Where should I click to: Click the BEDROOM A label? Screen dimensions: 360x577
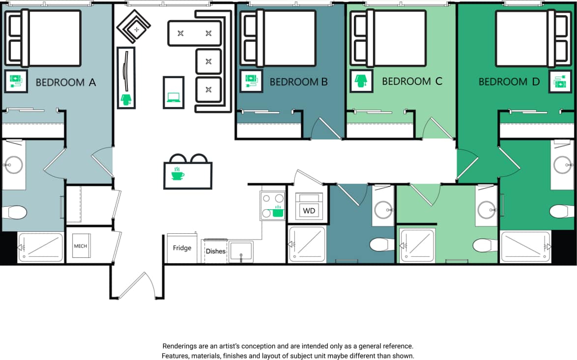[66, 83]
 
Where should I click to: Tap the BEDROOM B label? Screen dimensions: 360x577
[298, 82]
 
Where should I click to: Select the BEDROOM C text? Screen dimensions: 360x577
[412, 81]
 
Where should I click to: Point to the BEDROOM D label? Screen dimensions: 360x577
[509, 82]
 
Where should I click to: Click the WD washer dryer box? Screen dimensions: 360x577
[309, 210]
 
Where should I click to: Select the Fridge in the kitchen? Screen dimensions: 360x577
[182, 248]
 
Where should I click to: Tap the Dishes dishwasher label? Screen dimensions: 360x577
[216, 251]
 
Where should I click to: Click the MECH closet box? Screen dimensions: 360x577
[80, 246]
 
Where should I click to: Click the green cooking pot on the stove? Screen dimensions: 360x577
[278, 212]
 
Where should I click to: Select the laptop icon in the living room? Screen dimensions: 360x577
[173, 97]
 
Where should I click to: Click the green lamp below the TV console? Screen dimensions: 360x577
[126, 100]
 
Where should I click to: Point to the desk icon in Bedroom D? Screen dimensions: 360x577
[560, 82]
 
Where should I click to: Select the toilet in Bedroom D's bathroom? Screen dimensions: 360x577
[561, 212]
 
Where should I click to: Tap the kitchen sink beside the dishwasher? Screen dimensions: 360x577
[241, 251]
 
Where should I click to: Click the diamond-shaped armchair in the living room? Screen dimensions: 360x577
[134, 27]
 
